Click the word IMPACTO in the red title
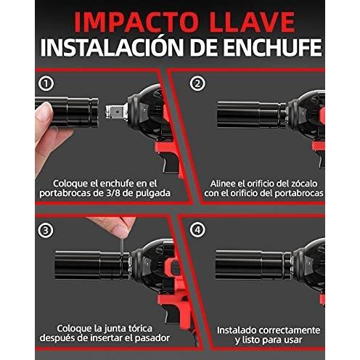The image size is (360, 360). click(x=136, y=22)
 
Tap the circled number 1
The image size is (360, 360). click(x=46, y=83)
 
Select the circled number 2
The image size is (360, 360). click(x=197, y=83)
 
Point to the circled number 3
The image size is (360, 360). click(x=46, y=230)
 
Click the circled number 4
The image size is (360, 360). click(x=197, y=229)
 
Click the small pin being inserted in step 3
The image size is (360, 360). click(x=122, y=245)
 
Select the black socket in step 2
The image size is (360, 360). click(x=252, y=115)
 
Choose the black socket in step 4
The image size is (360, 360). click(x=253, y=265)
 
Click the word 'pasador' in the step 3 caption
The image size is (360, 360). click(x=152, y=338)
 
